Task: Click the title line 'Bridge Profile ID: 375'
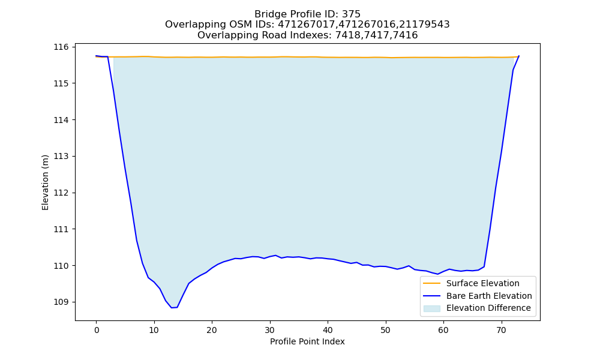point(307,14)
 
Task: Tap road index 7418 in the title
point(347,35)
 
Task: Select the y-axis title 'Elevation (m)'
point(45,182)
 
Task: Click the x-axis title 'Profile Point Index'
point(307,341)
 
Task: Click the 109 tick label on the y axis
point(61,302)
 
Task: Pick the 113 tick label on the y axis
point(61,157)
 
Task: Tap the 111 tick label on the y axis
point(61,229)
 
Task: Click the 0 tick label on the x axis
point(97,330)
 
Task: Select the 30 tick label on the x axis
point(270,330)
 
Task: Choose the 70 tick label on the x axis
point(502,330)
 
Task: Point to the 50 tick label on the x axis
point(386,330)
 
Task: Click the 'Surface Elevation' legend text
point(483,283)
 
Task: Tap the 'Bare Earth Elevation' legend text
point(489,296)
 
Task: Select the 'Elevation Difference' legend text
point(488,308)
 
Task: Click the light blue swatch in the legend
point(431,308)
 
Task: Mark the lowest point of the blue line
point(172,308)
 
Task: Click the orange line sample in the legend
point(431,283)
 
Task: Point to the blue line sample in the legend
point(431,296)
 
